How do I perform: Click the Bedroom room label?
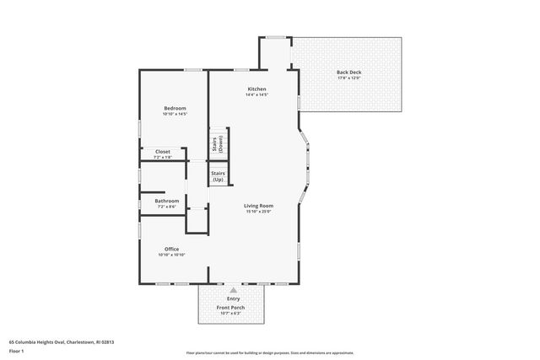coord(175,108)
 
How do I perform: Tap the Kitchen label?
coord(256,89)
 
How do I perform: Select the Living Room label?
coord(256,206)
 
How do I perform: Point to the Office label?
coord(171,249)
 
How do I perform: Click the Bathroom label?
coord(166,201)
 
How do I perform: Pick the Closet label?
coord(162,152)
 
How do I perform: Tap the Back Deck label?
coord(349,73)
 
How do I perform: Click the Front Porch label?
coord(233,308)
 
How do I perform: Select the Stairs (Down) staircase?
coord(219,143)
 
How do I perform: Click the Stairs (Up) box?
coord(219,176)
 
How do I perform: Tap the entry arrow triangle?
coord(233,289)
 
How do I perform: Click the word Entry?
coord(233,299)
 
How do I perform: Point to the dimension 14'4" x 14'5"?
coord(256,95)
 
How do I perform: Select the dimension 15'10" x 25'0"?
coord(256,212)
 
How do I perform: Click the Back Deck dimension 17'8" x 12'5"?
coord(349,78)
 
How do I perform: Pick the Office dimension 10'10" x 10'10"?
coord(172,255)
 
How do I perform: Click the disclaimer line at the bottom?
coord(270,352)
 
